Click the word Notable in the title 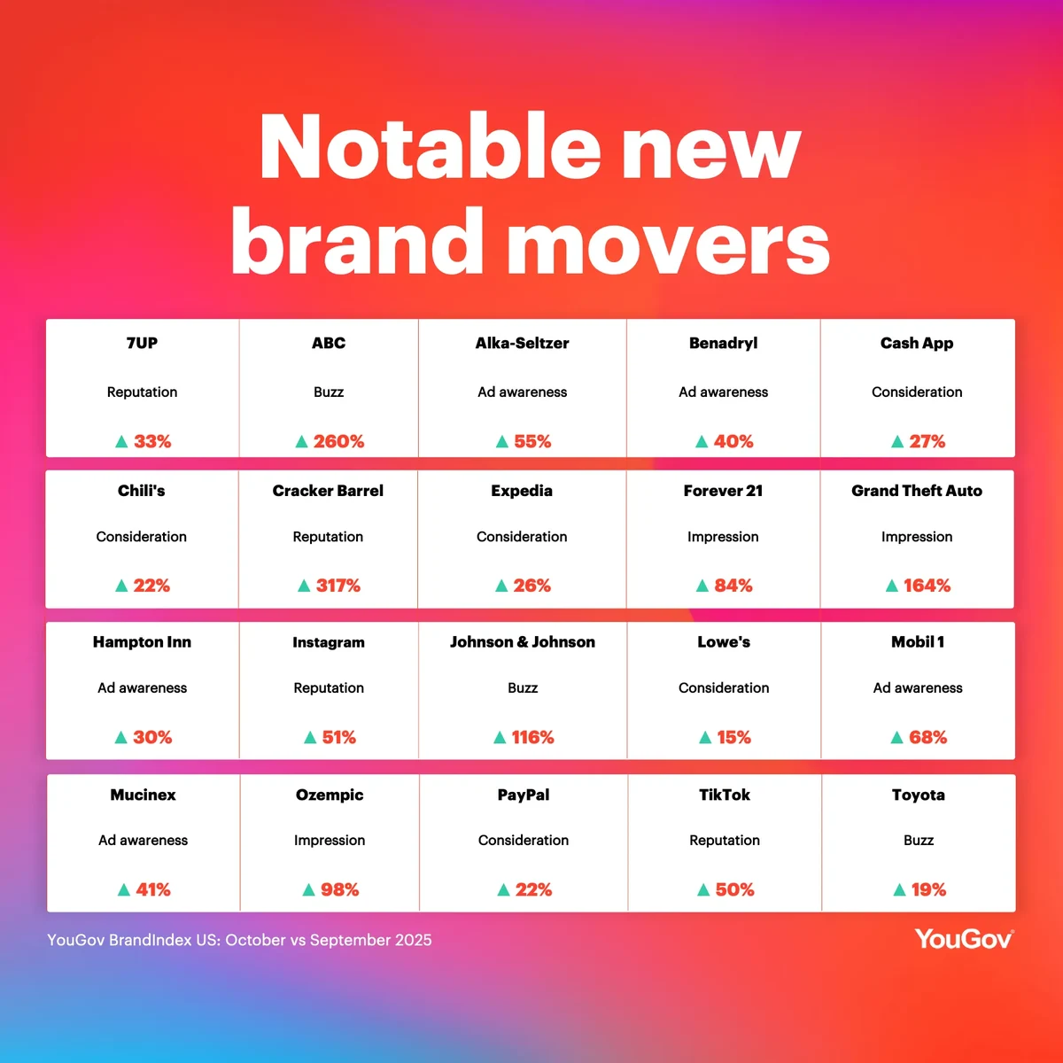coord(430,148)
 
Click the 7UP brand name coord(142,343)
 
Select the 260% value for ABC coord(338,441)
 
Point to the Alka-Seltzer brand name coord(522,343)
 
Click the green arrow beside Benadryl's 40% coord(702,441)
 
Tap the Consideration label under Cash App coord(917,392)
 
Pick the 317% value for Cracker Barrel coord(338,586)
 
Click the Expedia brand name coord(522,491)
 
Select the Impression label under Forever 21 coord(723,537)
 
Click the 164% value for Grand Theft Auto coord(927,586)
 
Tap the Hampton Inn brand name coord(142,642)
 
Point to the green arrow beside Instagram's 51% coord(310,737)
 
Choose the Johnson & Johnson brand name coord(523,642)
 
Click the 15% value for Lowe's coord(733,737)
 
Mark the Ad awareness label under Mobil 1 coord(918,687)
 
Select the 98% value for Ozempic coord(340,889)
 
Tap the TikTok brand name coord(725,795)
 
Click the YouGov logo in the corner coord(964,939)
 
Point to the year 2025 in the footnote coord(412,940)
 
